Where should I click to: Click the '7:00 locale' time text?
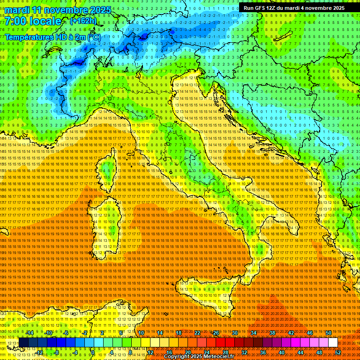pyautogui.click(x=33, y=21)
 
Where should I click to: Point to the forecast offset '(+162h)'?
pyautogui.click(x=83, y=21)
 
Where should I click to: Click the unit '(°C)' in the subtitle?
pyautogui.click(x=93, y=37)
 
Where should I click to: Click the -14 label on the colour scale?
pyautogui.click(x=30, y=332)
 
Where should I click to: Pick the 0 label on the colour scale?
pyautogui.click(x=93, y=352)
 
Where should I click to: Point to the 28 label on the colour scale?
pyautogui.click(x=225, y=352)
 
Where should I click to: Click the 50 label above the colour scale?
pyautogui.click(x=328, y=332)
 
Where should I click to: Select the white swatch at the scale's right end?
pyautogui.click(x=333, y=343)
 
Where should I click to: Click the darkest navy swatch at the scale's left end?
pyautogui.click(x=23, y=343)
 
